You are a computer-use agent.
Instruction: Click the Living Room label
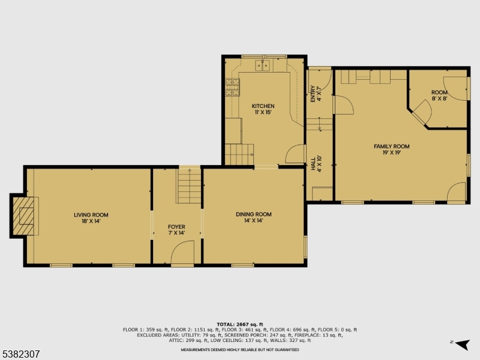click(x=91, y=218)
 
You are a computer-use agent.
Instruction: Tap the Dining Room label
click(x=254, y=217)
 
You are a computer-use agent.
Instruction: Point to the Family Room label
click(x=391, y=149)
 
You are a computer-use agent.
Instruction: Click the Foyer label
click(x=176, y=230)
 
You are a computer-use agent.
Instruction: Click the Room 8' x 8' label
click(x=439, y=95)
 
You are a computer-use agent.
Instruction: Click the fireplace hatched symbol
click(x=25, y=216)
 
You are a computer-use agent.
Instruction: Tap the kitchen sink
click(x=264, y=65)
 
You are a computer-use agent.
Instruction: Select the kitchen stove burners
click(x=232, y=88)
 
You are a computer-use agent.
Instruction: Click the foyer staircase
click(x=189, y=185)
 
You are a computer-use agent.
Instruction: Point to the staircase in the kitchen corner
click(x=238, y=155)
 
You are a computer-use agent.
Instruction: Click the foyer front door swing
click(x=182, y=252)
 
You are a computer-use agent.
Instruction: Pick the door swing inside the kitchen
click(x=296, y=154)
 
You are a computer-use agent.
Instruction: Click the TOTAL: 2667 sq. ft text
click(x=240, y=324)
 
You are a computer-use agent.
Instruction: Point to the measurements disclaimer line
click(x=240, y=350)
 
